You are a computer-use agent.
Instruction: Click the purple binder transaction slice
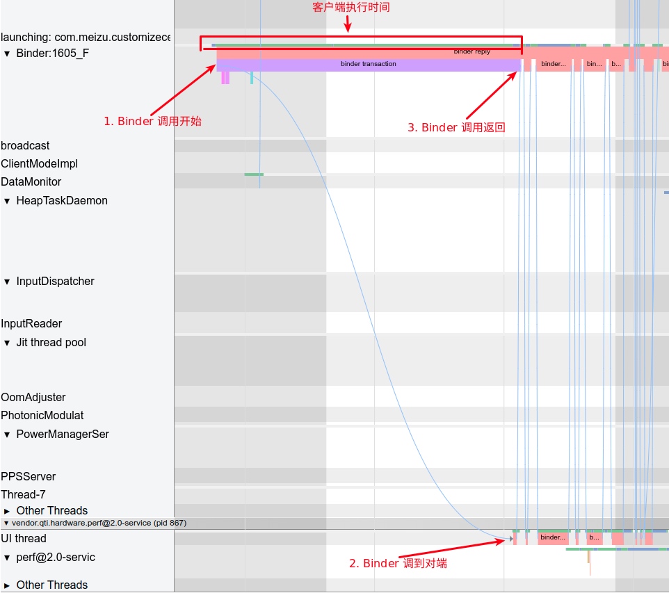point(368,64)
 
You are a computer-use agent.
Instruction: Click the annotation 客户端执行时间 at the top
point(351,8)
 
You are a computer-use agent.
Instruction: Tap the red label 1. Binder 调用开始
point(152,121)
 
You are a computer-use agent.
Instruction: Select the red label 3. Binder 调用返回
point(456,127)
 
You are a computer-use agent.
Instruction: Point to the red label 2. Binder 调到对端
point(398,563)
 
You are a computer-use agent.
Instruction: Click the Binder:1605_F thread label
point(52,53)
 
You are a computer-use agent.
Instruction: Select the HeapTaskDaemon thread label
point(62,200)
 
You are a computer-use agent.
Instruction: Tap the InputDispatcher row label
point(55,281)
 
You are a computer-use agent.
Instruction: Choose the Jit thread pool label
point(51,342)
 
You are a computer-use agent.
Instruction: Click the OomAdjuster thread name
point(33,397)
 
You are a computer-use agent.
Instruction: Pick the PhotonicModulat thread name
point(42,415)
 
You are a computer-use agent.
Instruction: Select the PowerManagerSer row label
point(63,434)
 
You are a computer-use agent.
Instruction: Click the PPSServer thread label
point(29,476)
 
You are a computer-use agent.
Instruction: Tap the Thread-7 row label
point(23,494)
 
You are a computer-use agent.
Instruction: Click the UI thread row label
point(24,538)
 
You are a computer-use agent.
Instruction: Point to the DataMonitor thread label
point(31,181)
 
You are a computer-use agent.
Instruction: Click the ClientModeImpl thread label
point(40,163)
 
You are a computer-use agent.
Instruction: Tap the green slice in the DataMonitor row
point(254,174)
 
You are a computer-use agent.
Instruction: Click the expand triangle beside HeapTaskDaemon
point(7,201)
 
